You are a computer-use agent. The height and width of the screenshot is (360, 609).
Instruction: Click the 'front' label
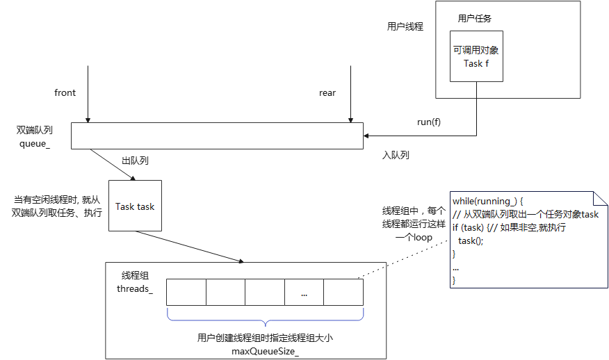[x=65, y=93]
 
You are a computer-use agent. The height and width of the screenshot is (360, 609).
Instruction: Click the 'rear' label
[x=327, y=93]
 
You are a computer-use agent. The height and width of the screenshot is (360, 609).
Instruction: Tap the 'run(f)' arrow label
[x=429, y=122]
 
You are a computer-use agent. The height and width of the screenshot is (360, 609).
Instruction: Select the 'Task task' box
[x=135, y=206]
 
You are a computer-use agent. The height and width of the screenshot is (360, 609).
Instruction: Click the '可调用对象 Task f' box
[x=476, y=57]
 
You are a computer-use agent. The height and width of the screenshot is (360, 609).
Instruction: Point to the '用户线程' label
[x=405, y=26]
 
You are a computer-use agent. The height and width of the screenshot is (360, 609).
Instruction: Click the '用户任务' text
[x=476, y=19]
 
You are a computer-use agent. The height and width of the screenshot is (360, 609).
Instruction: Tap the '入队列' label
[x=396, y=155]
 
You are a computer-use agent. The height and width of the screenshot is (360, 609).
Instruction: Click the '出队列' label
[x=135, y=161]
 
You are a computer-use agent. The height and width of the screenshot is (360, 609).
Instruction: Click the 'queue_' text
[x=35, y=143]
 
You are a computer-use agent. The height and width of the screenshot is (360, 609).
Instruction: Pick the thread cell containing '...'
[x=304, y=293]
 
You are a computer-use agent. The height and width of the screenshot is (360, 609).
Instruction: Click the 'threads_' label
[x=135, y=288]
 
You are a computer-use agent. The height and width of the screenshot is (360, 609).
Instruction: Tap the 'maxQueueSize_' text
[x=265, y=350]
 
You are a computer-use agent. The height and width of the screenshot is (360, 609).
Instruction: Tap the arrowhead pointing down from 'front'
[x=88, y=120]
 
